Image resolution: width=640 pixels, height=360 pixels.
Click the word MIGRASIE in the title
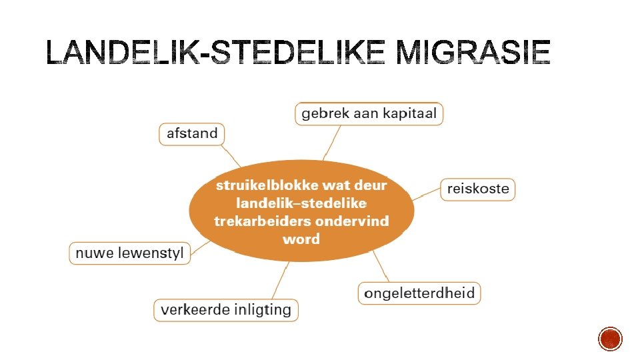[473, 53]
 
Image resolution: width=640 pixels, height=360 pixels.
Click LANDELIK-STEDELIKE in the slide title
[215, 53]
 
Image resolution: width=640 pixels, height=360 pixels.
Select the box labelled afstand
[192, 133]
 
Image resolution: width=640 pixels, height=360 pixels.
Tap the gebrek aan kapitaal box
[369, 113]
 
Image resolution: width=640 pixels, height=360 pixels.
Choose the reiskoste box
[477, 189]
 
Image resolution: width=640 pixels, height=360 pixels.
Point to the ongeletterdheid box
[419, 293]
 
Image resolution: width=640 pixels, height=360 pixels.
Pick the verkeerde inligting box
[226, 309]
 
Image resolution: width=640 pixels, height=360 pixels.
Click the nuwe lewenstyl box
[130, 253]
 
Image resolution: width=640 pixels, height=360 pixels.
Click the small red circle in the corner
[610, 339]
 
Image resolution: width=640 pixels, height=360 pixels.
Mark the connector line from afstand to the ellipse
[232, 156]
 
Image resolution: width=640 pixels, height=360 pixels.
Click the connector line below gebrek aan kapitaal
[332, 142]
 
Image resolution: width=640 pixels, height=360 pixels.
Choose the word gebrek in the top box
[323, 113]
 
